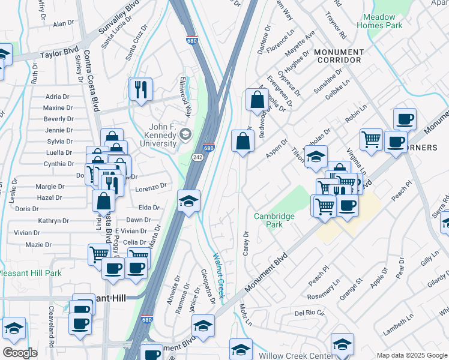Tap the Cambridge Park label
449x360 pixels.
click(x=274, y=220)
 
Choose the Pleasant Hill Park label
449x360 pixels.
click(x=30, y=273)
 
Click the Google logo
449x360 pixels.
click(x=20, y=353)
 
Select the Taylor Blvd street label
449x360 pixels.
click(x=59, y=54)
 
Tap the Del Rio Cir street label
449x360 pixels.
click(x=309, y=313)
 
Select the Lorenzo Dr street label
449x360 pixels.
click(x=150, y=188)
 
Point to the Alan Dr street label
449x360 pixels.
click(x=62, y=24)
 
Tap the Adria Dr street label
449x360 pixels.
click(x=58, y=97)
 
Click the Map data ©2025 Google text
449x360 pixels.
click(x=412, y=356)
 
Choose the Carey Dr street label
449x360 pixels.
click(x=246, y=243)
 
